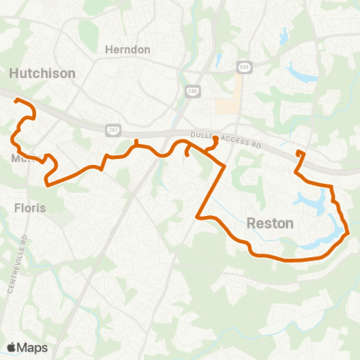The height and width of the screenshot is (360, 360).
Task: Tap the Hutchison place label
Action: click(42, 73)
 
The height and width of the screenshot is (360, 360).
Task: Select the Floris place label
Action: click(30, 207)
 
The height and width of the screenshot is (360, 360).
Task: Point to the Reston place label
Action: click(270, 223)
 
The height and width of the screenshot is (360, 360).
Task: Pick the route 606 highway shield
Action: click(244, 66)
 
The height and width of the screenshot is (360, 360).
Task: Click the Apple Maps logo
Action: click(27, 347)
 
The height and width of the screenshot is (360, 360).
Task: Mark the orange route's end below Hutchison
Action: click(16, 100)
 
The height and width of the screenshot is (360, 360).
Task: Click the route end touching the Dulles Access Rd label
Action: click(215, 138)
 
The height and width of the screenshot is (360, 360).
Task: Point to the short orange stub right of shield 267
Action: click(136, 142)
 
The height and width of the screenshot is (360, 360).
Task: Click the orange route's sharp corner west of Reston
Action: click(197, 217)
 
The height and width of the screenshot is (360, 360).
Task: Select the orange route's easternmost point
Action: click(349, 233)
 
